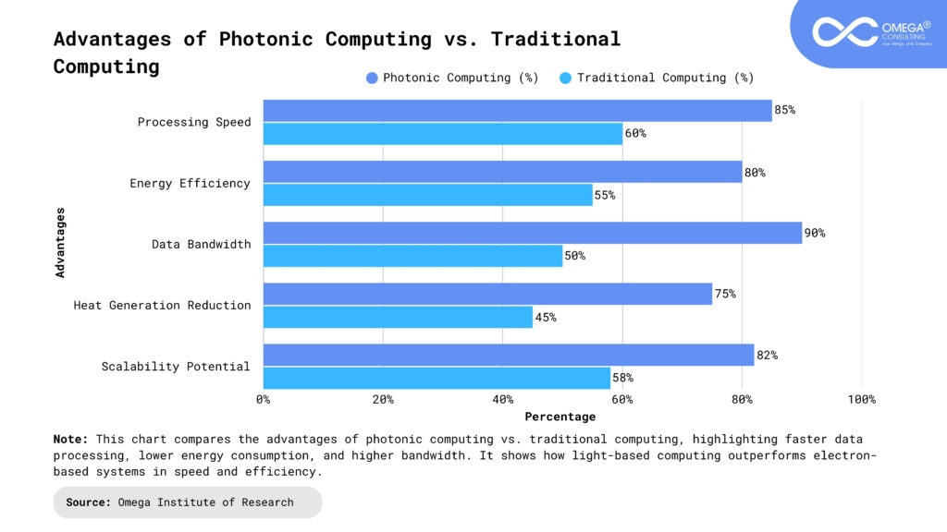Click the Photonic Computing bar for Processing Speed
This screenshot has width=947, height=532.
pos(517,111)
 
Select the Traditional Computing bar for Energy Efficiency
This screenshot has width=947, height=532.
pos(427,195)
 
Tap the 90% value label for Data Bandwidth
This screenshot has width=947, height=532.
pos(815,233)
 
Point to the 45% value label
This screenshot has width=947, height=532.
pos(546,317)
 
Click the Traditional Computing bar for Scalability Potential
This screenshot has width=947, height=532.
pos(437,378)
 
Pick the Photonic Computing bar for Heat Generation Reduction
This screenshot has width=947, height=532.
pos(487,294)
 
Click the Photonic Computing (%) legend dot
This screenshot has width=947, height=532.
pos(372,78)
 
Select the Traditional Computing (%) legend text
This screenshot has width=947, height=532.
pos(666,78)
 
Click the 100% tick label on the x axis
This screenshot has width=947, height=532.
pos(861,399)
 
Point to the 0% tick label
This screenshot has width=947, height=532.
pos(264,399)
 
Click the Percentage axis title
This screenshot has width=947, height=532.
pos(560,417)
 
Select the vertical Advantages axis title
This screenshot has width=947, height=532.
pos(61,242)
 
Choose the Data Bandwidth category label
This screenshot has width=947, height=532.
pos(202,244)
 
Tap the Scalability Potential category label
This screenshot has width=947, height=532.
pos(176,367)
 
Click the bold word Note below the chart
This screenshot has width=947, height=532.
pos(70,440)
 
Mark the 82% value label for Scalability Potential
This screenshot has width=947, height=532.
pos(767,355)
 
